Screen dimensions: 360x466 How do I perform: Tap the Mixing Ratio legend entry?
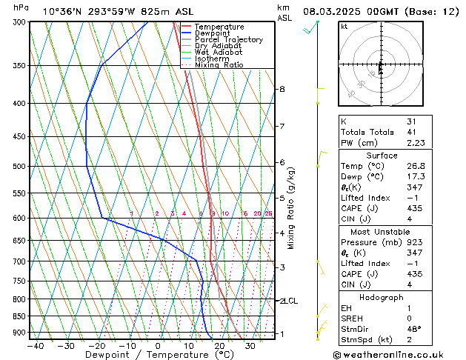pos(220,64)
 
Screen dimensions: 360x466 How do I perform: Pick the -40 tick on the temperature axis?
pos(35,346)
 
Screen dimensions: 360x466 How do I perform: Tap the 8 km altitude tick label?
pos(282,89)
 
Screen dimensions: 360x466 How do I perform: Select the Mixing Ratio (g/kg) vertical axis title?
pos(291,208)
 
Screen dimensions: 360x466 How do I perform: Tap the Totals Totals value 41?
pos(412,132)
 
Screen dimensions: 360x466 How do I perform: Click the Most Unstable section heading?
pos(381,232)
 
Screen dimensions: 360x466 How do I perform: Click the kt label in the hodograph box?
pos(344,27)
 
